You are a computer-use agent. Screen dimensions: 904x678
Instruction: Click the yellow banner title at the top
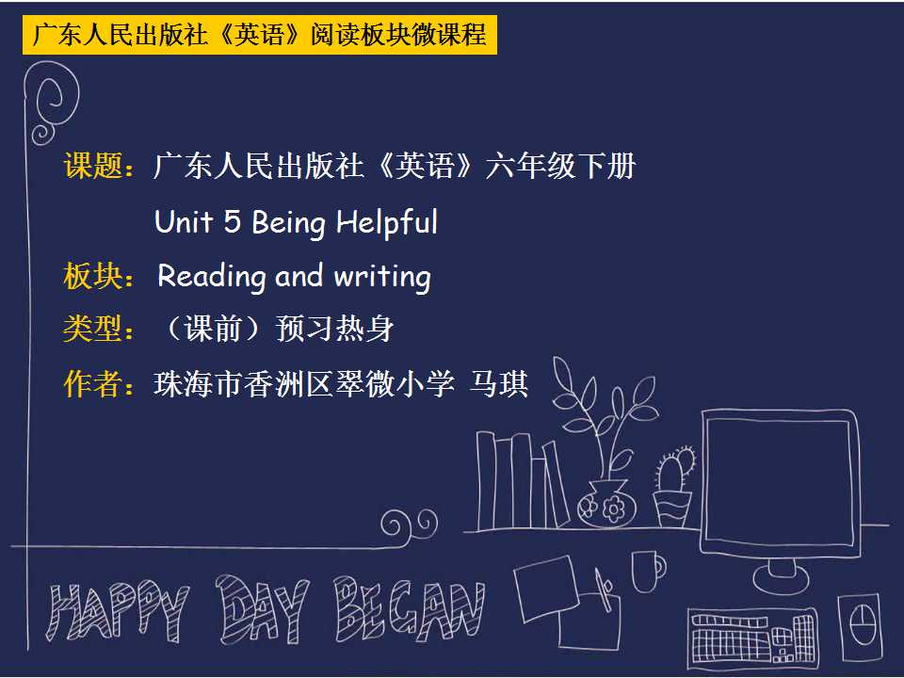260,35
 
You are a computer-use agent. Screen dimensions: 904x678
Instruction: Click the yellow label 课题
93,166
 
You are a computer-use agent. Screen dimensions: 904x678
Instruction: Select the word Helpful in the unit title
387,223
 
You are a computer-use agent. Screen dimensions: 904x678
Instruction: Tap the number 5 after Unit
232,221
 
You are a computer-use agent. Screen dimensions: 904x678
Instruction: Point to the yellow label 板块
93,276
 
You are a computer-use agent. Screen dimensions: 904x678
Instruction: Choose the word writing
382,277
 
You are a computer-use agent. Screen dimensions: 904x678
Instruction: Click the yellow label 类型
91,330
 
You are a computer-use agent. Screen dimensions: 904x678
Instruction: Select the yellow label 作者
93,384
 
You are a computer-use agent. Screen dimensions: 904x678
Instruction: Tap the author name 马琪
499,384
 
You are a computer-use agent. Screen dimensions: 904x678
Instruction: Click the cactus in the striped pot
673,487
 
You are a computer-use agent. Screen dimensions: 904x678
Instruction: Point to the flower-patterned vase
606,505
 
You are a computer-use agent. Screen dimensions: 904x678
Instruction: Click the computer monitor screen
779,482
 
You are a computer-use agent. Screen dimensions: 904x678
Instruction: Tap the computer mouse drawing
860,627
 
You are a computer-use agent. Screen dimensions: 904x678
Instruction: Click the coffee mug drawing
648,572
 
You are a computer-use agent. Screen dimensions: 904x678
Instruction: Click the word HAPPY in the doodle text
118,611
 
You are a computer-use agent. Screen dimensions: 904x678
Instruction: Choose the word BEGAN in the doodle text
411,609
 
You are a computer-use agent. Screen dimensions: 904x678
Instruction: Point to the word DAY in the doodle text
263,609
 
